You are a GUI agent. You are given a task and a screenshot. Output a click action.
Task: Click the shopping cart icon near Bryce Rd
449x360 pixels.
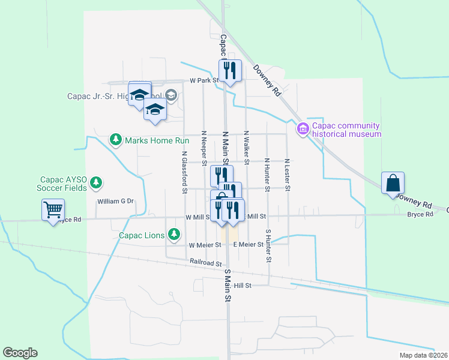(53, 211)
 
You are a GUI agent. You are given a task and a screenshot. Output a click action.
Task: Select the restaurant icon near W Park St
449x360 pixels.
(230, 70)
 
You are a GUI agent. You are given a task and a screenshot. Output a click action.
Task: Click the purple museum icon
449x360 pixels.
(302, 129)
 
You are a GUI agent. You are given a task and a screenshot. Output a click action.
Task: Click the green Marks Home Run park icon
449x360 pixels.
(115, 140)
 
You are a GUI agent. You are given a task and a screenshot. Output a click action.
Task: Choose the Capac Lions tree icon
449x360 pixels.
(174, 233)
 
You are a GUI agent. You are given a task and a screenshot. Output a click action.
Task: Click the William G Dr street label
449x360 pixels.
(115, 202)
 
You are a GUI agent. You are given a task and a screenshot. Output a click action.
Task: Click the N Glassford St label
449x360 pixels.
(185, 172)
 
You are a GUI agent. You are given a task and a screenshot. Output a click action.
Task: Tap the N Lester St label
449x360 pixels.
(288, 175)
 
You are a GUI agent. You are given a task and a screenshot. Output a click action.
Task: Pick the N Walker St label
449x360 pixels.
(246, 147)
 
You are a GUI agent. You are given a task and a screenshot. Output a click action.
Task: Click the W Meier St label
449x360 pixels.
(205, 245)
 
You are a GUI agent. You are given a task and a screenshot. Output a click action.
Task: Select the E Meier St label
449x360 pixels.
(248, 245)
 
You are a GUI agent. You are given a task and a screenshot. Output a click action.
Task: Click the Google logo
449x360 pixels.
(20, 353)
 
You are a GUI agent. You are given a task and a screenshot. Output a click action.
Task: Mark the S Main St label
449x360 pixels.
(228, 285)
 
